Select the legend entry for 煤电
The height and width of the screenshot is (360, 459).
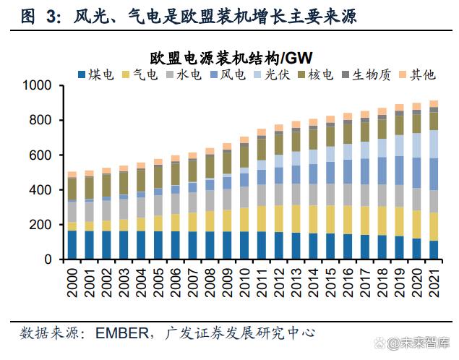tap(98, 74)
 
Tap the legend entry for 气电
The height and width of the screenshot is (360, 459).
tap(141, 74)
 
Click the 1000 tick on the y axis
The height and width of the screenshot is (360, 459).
tap(37, 85)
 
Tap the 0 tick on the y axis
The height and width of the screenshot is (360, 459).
tap(49, 259)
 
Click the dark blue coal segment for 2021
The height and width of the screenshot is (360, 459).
tap(434, 249)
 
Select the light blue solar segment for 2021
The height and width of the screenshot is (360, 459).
tap(434, 144)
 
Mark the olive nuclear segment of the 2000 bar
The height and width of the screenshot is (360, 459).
tap(72, 188)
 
